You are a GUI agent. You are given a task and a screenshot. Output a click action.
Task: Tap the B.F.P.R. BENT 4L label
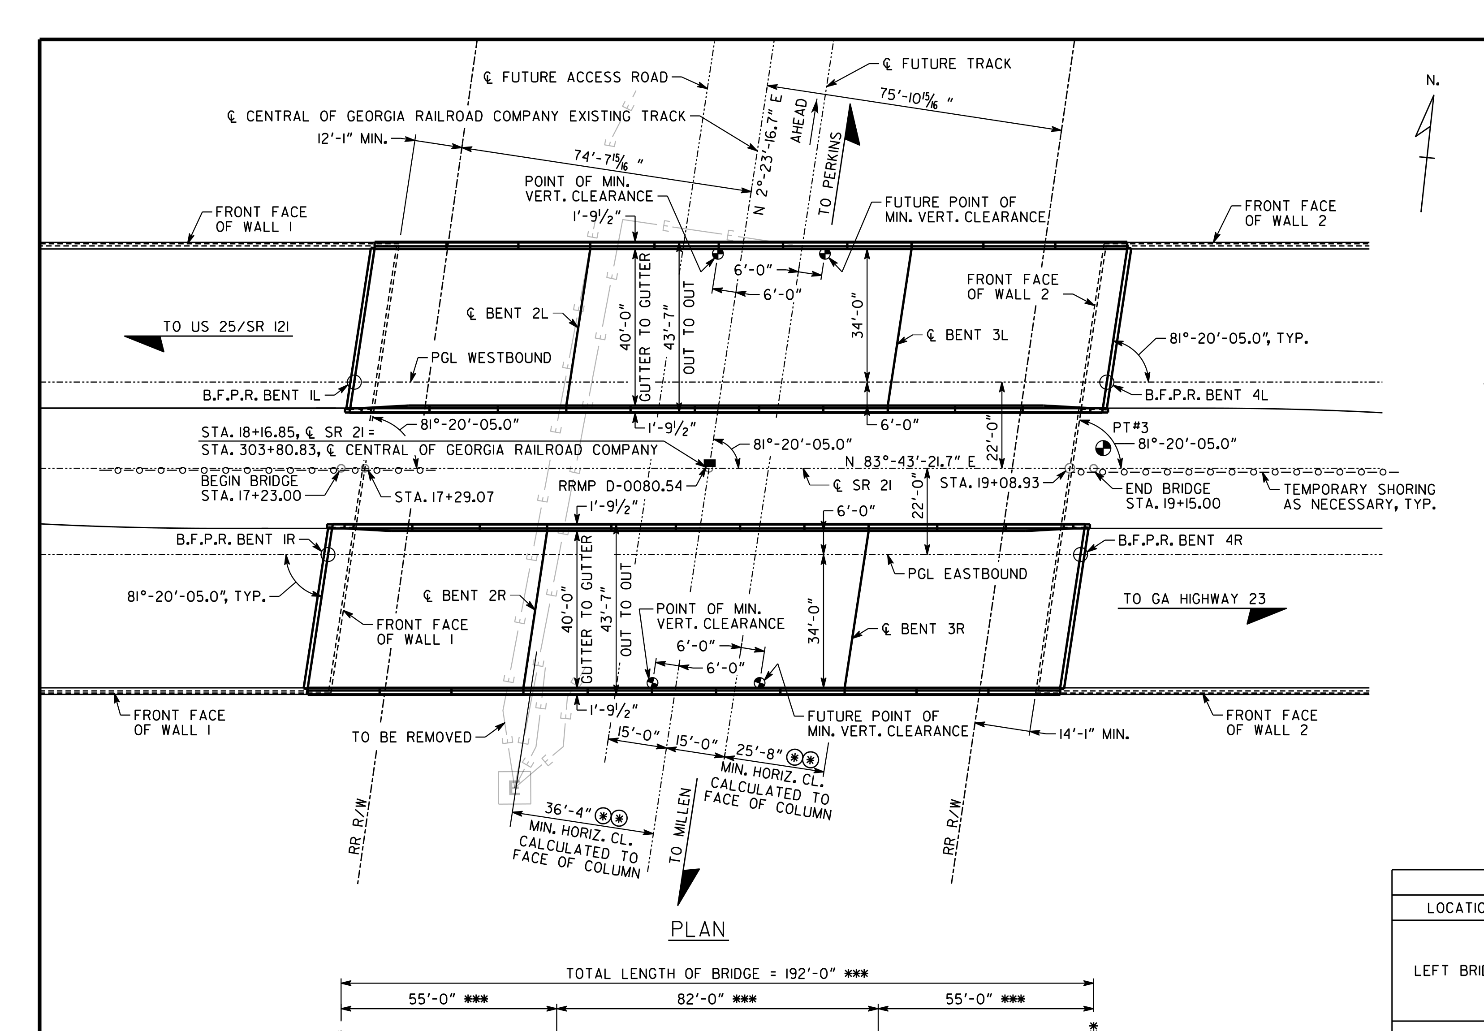click(x=1206, y=395)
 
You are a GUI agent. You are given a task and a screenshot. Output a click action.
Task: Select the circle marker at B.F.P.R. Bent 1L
click(x=354, y=382)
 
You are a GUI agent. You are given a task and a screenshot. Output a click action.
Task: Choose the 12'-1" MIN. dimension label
click(x=352, y=139)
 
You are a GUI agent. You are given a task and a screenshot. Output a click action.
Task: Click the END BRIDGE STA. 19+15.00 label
click(x=1173, y=496)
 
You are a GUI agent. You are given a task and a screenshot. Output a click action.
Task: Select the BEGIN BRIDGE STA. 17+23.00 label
click(x=250, y=488)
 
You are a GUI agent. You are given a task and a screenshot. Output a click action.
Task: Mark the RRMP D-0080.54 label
click(x=620, y=486)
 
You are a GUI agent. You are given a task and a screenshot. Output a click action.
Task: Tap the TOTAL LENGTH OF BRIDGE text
click(x=663, y=974)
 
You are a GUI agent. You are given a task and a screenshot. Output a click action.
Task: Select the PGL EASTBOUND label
click(x=967, y=574)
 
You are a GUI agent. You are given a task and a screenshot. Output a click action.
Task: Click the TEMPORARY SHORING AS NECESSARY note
click(x=1359, y=497)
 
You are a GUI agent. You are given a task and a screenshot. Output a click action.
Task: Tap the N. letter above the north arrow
click(x=1433, y=81)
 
